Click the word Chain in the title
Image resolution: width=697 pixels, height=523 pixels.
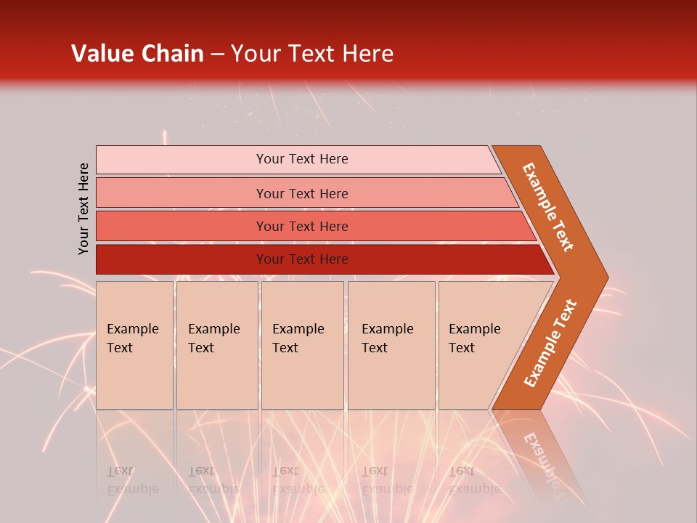[171, 54]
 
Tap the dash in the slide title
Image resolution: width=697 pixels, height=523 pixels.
[217, 54]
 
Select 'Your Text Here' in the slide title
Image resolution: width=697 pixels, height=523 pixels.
[312, 54]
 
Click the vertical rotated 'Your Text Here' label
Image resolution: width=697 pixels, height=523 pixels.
[83, 208]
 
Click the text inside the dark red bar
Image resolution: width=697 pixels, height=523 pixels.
[302, 259]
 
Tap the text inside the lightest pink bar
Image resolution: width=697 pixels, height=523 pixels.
[302, 159]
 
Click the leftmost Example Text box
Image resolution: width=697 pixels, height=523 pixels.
[134, 345]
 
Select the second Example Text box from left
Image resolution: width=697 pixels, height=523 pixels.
[217, 345]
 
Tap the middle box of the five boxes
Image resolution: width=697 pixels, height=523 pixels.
[302, 345]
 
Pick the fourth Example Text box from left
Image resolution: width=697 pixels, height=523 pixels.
[391, 345]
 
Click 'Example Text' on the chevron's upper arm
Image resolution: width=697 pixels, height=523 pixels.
[548, 207]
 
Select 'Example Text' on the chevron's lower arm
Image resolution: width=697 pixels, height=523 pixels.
[550, 344]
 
